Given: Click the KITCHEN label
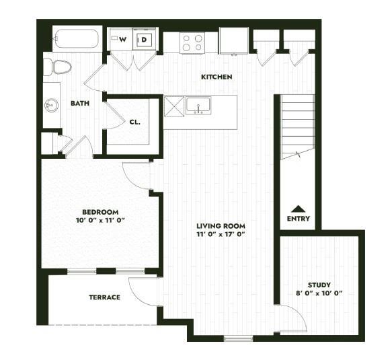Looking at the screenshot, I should (217, 77).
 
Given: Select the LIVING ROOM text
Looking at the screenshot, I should (220, 226).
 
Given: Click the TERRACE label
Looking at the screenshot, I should (104, 297).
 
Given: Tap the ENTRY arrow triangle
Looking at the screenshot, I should (298, 209).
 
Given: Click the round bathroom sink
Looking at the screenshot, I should (51, 104).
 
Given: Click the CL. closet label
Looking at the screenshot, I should (134, 122).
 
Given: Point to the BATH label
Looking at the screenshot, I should (81, 103).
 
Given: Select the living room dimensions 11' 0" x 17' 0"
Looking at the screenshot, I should (220, 235).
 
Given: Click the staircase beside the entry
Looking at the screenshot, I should (297, 124).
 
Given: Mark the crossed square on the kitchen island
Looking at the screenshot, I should (174, 106).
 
